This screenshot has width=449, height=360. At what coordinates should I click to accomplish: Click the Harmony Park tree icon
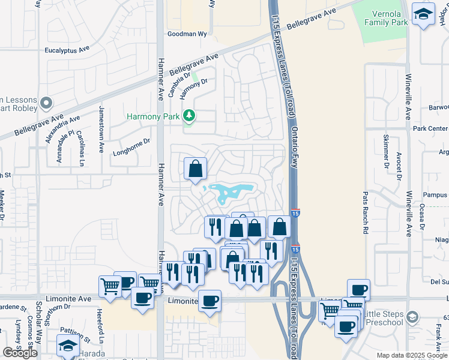tap(189, 115)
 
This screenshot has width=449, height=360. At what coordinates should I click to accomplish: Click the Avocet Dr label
tap(399, 166)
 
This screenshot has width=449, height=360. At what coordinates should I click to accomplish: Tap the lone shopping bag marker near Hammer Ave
tap(196, 170)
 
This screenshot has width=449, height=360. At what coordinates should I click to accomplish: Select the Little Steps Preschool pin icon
tap(412, 316)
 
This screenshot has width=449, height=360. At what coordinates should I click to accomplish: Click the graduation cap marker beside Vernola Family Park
tap(423, 14)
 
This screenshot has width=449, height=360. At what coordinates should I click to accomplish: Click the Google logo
tap(20, 353)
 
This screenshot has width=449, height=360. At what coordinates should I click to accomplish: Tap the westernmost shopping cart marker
tap(110, 286)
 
